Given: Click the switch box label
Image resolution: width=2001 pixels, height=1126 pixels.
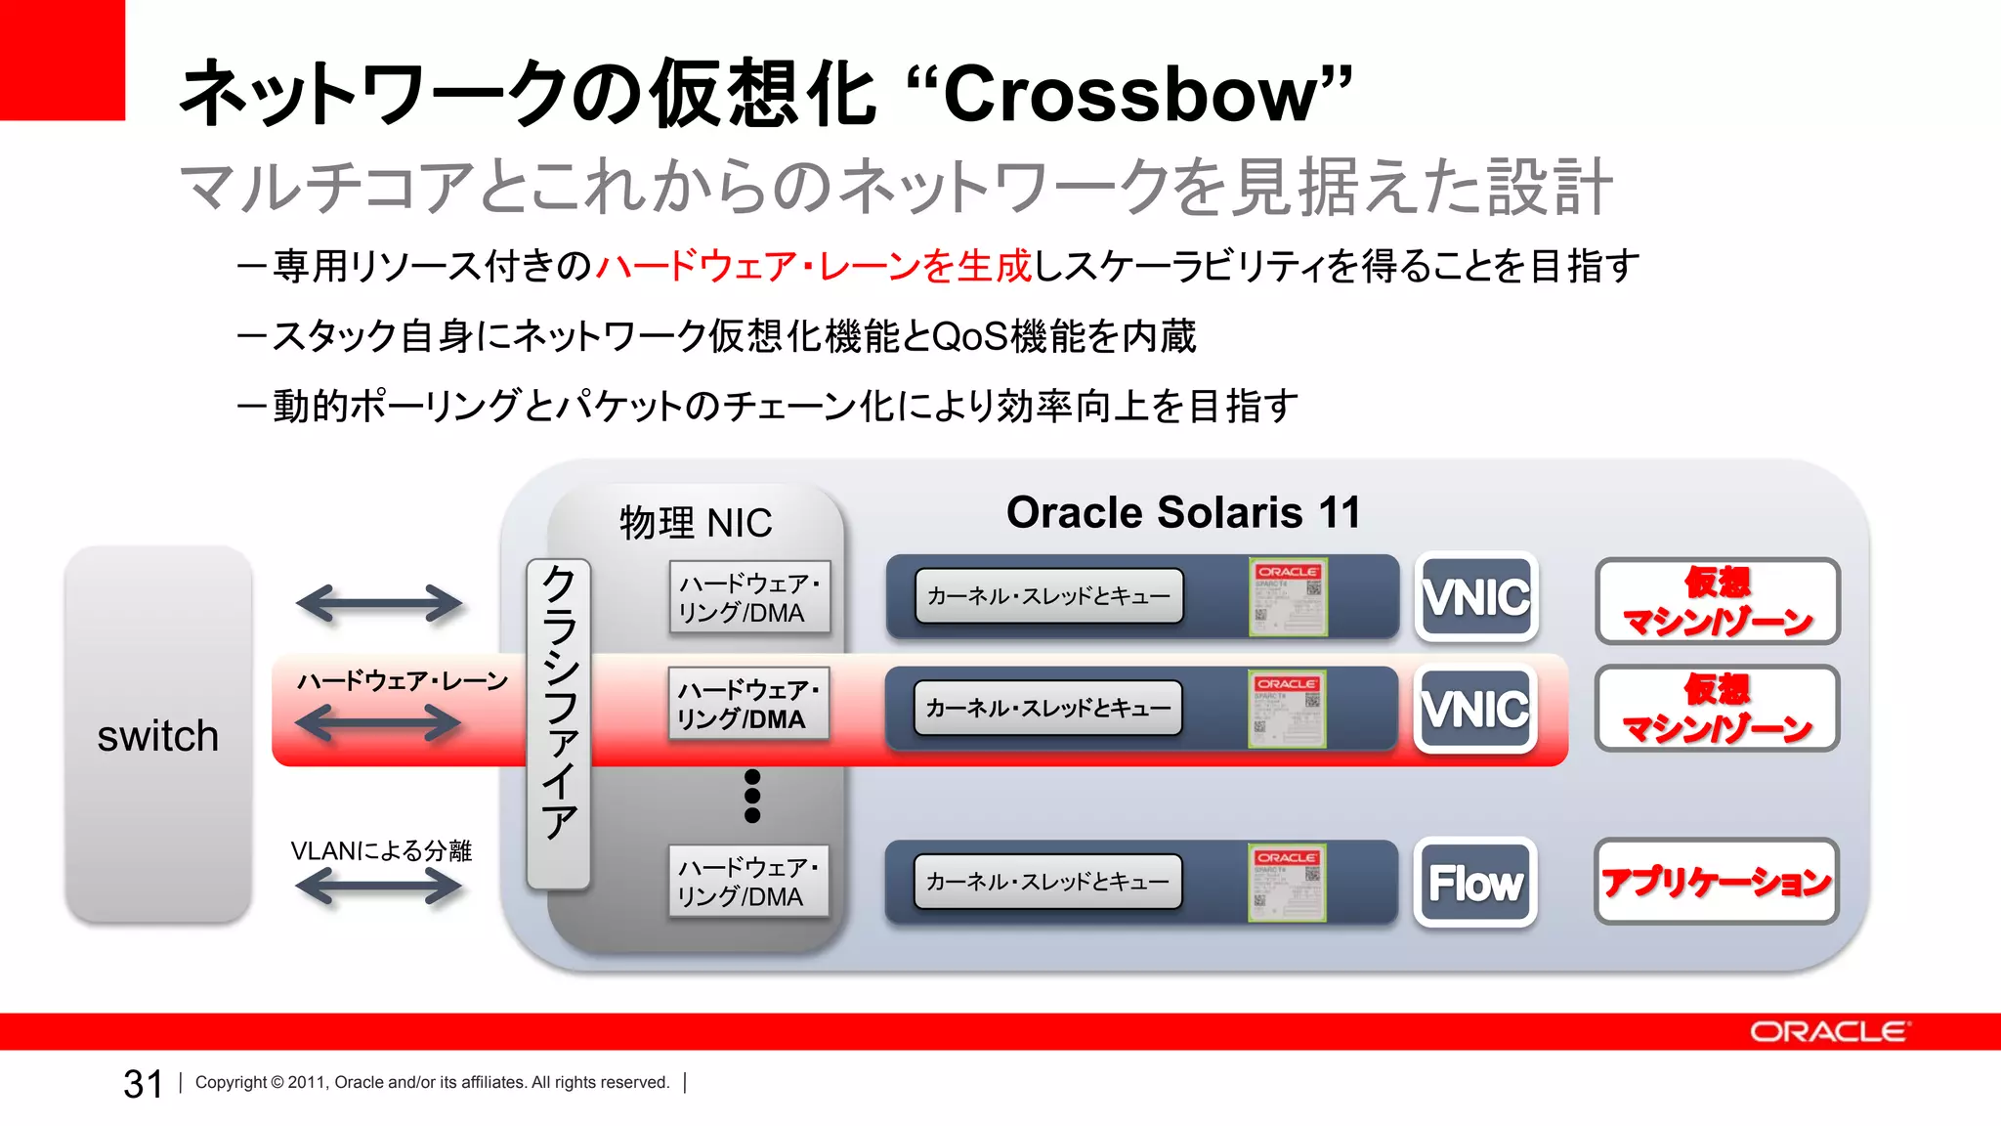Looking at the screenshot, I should click(157, 736).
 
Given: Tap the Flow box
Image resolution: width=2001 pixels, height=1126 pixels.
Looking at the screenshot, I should click(1475, 883).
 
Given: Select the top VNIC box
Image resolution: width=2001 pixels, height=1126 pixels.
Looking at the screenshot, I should click(1476, 597).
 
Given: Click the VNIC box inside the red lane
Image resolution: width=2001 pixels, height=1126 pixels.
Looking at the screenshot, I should click(1475, 710).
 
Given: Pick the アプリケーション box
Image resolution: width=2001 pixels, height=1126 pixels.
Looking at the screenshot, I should click(1716, 882).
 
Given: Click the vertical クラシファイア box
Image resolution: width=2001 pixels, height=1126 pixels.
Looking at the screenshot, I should click(558, 723).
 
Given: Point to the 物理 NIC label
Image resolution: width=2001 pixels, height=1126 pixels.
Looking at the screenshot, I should click(696, 523).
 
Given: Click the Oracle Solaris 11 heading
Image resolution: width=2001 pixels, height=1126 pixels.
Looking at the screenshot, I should click(1183, 512).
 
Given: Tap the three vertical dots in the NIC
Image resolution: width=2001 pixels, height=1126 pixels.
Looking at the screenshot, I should click(752, 796).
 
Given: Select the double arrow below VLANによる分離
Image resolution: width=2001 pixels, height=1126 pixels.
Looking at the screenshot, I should click(379, 887).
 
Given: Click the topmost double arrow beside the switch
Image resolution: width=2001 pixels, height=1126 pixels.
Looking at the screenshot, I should click(379, 603).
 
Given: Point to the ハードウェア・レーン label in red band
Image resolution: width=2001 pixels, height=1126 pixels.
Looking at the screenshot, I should click(403, 681).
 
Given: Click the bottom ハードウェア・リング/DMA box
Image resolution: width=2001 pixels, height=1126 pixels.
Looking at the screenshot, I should click(748, 882).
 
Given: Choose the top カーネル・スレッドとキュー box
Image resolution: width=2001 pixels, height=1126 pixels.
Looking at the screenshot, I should click(1048, 596).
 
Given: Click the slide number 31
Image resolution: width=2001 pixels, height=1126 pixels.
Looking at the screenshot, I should click(143, 1083).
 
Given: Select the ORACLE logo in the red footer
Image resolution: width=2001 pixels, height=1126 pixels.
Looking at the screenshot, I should click(1828, 1032).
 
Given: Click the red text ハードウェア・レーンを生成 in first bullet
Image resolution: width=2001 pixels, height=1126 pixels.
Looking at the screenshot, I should click(813, 266).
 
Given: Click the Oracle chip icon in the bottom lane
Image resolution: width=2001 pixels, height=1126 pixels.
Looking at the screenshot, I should click(1287, 883).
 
